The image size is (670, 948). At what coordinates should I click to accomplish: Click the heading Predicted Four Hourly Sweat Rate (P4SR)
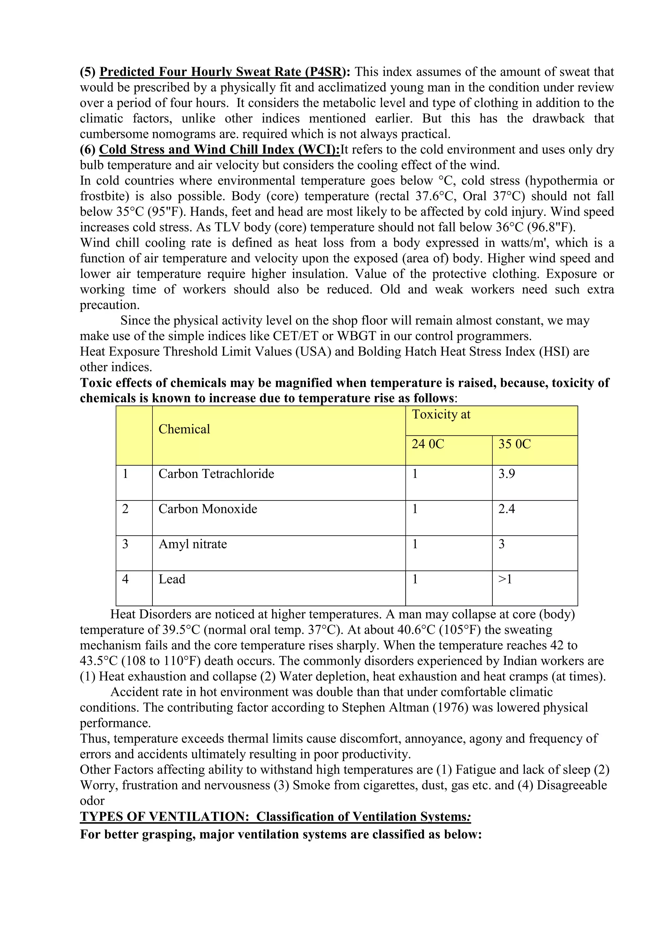point(221,72)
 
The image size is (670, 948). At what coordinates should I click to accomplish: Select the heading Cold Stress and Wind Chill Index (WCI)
point(220,150)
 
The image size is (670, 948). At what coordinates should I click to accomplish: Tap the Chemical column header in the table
point(185,429)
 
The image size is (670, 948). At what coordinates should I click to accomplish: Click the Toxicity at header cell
point(441,414)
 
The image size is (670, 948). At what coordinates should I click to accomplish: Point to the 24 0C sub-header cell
point(428,444)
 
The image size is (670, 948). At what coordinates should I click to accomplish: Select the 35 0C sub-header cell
point(515,444)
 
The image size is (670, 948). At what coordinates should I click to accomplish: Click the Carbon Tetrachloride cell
point(216,474)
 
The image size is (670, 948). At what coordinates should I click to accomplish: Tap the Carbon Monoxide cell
point(208,509)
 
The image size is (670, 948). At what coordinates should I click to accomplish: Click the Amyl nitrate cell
point(193,544)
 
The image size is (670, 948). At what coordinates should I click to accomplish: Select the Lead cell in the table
point(172,579)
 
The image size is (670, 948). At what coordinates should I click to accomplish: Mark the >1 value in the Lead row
point(505,579)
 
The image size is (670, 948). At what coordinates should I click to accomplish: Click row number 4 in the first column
point(125,579)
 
